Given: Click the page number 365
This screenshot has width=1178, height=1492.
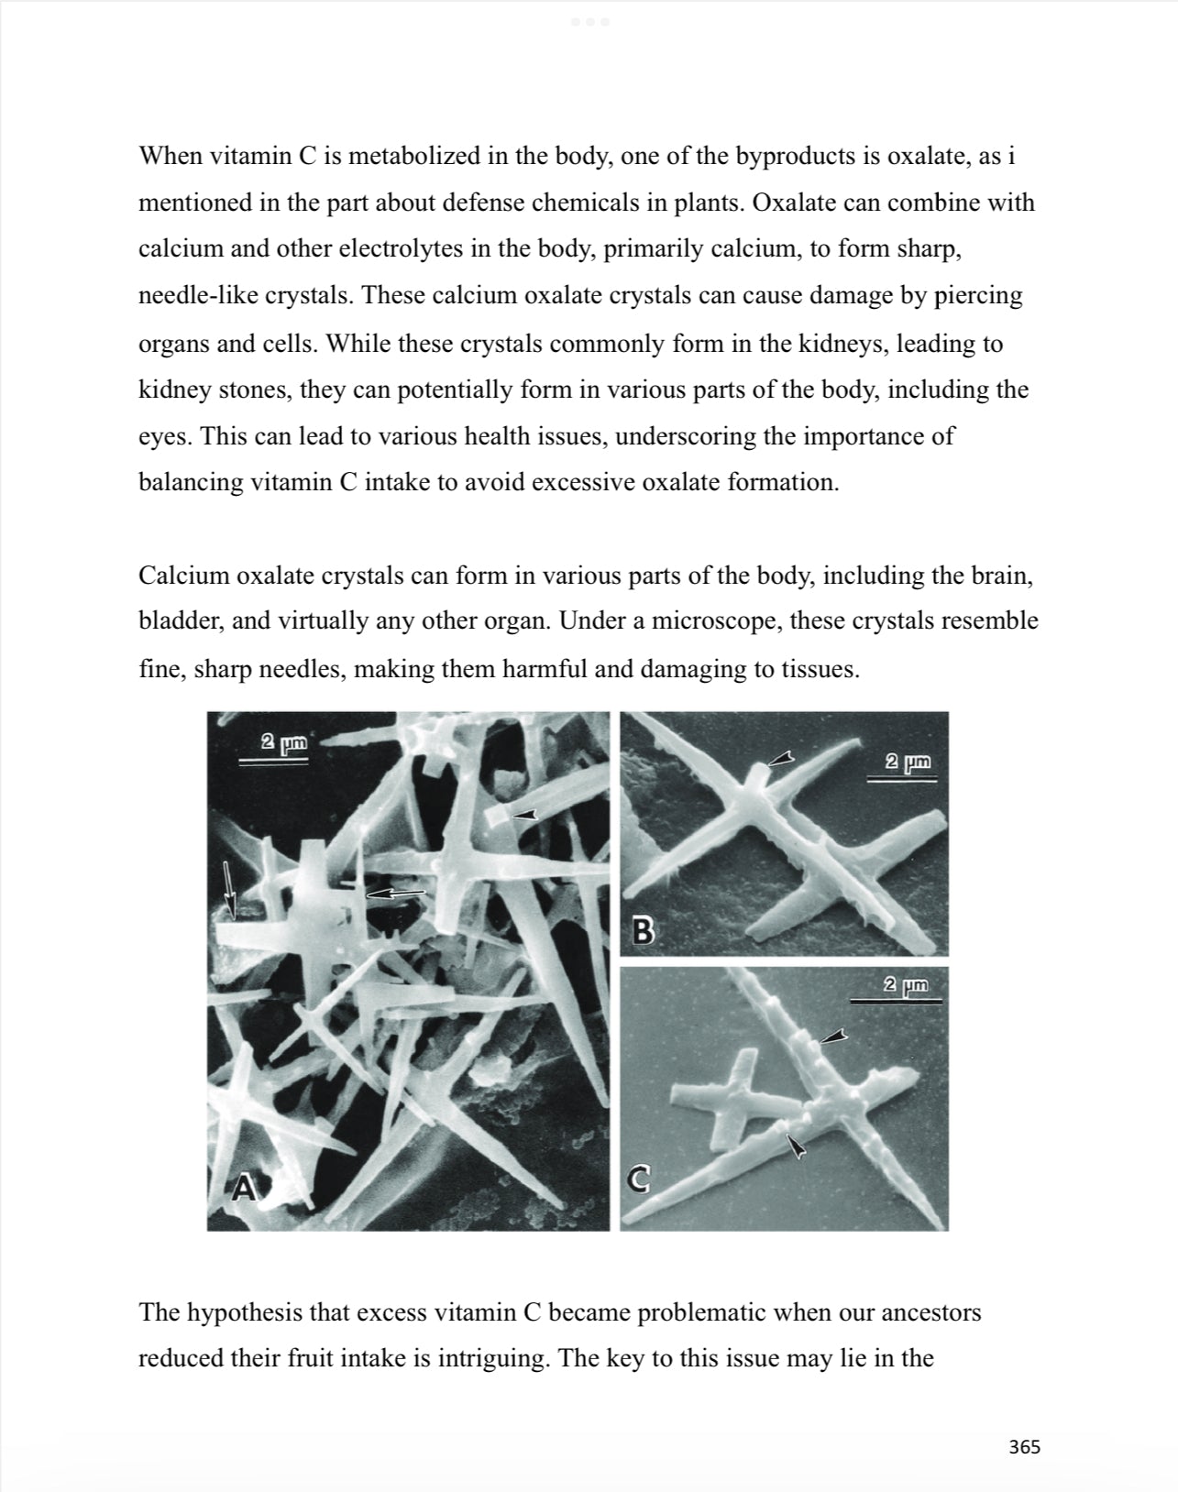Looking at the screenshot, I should click(1024, 1447).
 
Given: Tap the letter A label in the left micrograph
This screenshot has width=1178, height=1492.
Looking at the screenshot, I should click(241, 1188).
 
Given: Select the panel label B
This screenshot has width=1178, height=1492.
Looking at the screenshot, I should click(644, 931).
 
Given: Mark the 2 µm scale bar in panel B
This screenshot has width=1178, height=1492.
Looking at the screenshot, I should click(903, 770).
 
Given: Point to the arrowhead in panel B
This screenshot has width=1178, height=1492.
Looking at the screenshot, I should click(780, 758).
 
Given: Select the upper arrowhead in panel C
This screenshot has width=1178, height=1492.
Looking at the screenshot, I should click(832, 1036).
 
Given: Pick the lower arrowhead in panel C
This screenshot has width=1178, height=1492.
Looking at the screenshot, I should click(796, 1145).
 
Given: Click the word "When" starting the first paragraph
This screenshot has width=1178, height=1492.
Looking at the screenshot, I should click(171, 156).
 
